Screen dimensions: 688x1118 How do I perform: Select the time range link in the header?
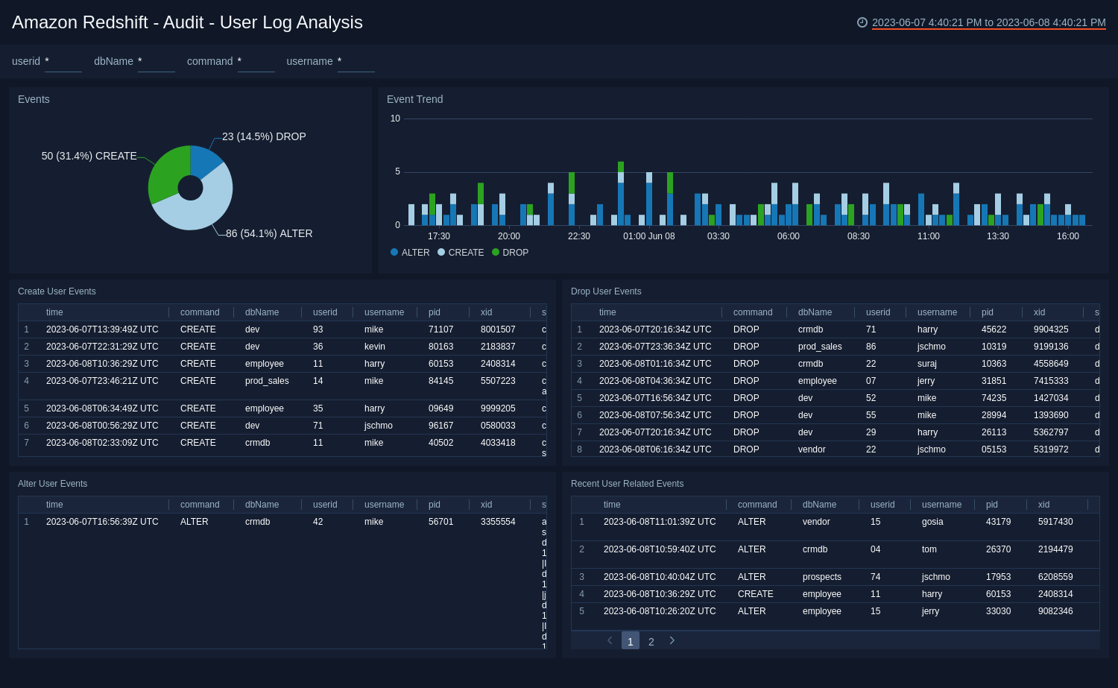point(988,22)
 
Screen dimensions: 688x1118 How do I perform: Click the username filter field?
point(356,62)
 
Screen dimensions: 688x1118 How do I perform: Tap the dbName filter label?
point(113,61)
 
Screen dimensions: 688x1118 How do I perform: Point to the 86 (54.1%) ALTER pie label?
point(269,233)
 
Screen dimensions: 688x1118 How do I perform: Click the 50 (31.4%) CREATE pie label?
point(89,156)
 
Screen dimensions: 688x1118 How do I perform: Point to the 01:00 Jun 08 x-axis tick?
point(648,236)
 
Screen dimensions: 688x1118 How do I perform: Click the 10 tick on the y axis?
point(395,119)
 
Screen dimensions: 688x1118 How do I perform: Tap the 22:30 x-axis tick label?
point(578,236)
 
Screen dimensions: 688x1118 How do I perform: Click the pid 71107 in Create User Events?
point(440,329)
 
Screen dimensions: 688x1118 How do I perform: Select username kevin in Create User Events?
point(375,347)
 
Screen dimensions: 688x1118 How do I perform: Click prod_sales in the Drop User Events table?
point(820,347)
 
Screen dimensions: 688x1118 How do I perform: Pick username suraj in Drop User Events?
point(927,364)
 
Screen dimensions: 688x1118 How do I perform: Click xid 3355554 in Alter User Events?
point(498,522)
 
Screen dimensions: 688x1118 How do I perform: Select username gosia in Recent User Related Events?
point(932,522)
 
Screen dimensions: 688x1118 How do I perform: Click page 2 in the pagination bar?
point(651,642)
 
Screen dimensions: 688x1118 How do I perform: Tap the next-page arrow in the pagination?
point(672,640)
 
